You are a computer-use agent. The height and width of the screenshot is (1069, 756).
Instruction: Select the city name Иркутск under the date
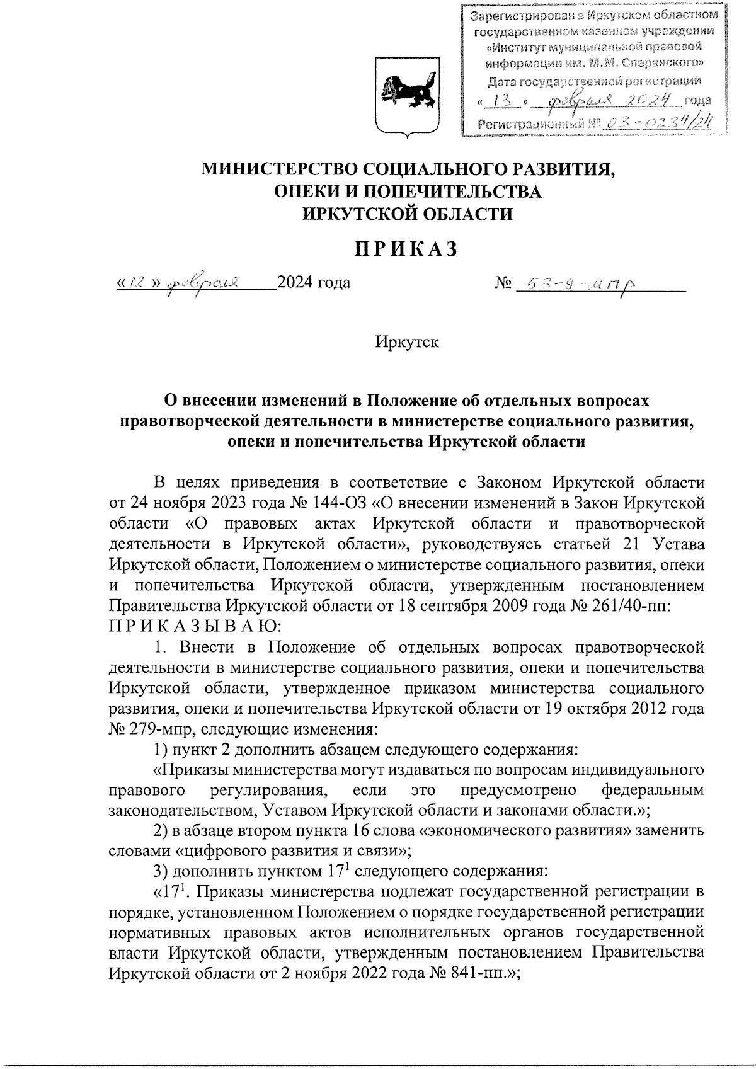[406, 343]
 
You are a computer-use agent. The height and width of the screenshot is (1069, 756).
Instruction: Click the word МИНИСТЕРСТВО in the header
[275, 168]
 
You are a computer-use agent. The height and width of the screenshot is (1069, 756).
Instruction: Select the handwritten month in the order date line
[202, 284]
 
